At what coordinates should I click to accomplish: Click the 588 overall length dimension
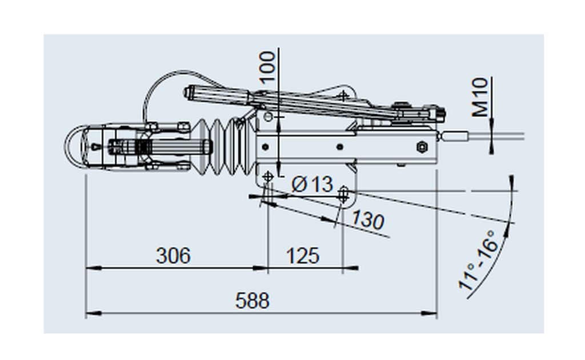pos(252,301)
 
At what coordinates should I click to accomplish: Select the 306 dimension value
pos(173,255)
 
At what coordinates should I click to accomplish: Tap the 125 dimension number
pos(303,255)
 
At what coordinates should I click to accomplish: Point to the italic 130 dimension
pos(368,219)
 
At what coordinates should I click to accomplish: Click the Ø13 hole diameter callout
pos(312,184)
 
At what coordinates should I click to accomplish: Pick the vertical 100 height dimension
pos(267,67)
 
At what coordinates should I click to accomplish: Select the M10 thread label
pos(480,97)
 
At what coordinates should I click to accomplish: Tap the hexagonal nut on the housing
pos(422,147)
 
